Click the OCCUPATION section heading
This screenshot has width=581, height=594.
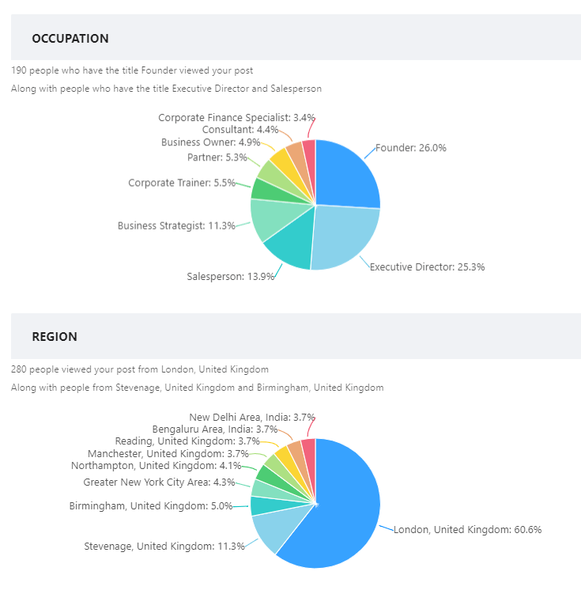click(70, 38)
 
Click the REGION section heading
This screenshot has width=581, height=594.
click(55, 336)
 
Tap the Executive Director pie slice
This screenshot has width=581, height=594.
click(345, 236)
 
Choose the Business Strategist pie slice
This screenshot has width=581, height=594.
click(270, 218)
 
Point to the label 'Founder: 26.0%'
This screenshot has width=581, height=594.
click(411, 148)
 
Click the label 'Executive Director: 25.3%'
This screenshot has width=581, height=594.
click(428, 267)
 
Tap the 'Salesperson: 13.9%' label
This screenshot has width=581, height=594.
click(231, 276)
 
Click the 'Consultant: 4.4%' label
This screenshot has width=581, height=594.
click(240, 130)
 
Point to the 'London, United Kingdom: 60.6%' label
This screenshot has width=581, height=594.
click(468, 529)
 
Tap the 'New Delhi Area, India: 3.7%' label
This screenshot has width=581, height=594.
click(252, 417)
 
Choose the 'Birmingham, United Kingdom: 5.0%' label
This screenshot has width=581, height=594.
click(151, 505)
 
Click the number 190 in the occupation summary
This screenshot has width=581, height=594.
click(19, 70)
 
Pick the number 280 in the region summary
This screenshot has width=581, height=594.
click(19, 369)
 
